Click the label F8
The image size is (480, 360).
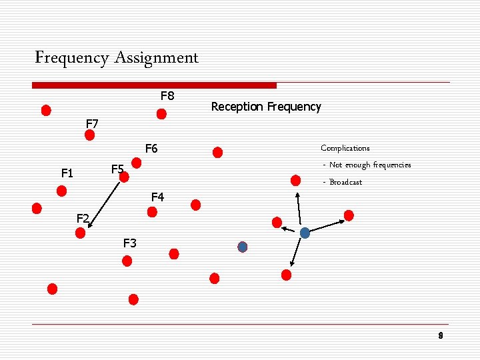167,96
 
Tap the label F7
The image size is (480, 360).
93,123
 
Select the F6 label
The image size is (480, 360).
151,148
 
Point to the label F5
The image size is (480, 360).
117,169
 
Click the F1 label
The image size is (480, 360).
67,173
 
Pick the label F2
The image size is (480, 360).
83,217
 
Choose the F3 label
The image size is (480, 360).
130,243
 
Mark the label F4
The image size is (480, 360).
157,197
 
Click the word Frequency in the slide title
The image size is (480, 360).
72,58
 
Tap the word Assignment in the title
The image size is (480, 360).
156,58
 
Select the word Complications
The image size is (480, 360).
345,148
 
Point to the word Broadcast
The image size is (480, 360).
345,182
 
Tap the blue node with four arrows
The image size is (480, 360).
305,233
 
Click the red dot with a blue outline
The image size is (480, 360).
243,247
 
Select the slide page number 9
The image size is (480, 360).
441,335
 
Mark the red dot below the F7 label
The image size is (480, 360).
90,135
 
